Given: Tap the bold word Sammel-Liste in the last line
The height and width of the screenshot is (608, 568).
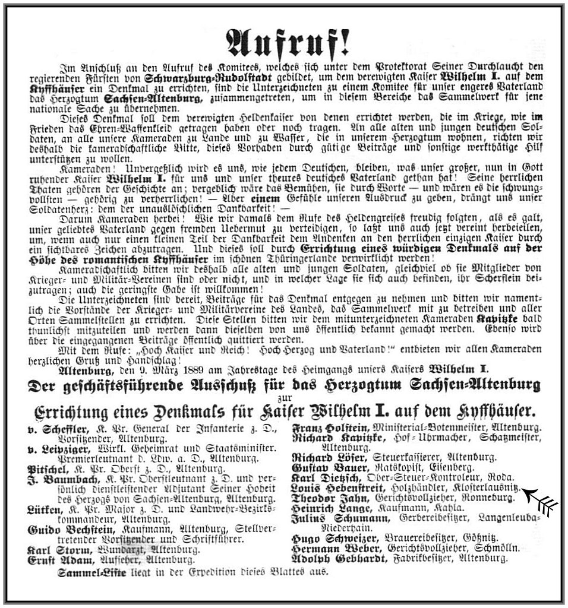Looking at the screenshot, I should [x=84, y=572].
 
